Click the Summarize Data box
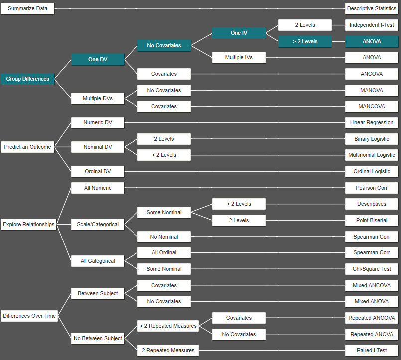click(x=27, y=9)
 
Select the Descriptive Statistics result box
click(x=372, y=9)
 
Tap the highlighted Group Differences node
click(x=27, y=79)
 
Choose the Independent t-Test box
click(x=372, y=25)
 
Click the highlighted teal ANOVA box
click(x=372, y=41)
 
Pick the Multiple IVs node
click(x=239, y=58)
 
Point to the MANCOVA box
click(x=372, y=107)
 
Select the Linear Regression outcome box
click(x=372, y=122)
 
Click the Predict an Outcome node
click(x=27, y=147)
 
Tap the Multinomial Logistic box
click(x=372, y=155)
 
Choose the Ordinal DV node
click(x=98, y=171)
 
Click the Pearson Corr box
click(x=372, y=188)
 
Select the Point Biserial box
click(x=372, y=220)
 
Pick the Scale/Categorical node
click(x=98, y=224)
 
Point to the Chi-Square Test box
click(x=372, y=269)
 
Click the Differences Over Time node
click(x=29, y=316)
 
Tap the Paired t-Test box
click(x=372, y=350)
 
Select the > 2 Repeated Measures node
click(x=168, y=326)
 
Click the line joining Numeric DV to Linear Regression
click(x=234, y=122)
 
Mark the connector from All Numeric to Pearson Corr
click(x=234, y=188)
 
